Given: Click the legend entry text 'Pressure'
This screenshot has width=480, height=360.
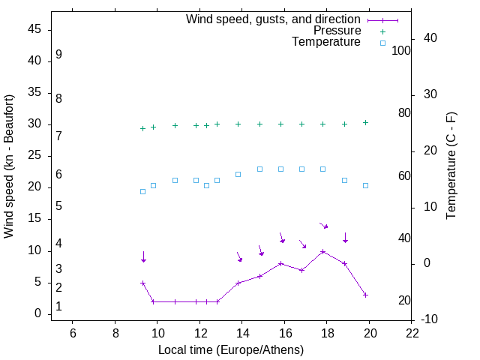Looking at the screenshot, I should coord(337,31).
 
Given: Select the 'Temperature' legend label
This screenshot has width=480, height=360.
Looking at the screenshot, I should coord(326,42).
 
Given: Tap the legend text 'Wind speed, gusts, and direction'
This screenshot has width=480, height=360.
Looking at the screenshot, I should coord(273,19).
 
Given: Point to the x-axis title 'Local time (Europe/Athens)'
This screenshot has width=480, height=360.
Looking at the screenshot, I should coord(231,349).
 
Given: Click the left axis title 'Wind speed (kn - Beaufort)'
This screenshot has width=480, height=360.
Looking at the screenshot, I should coord(9,166).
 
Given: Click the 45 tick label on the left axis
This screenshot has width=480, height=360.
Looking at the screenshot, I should coord(34,29).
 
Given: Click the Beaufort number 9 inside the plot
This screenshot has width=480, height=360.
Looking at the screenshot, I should coord(58,55).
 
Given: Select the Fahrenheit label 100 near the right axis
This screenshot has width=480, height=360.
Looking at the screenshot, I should coord(401,50).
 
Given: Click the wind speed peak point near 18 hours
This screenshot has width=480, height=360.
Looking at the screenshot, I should coord(322,251).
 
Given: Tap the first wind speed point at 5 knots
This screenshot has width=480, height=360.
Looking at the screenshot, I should coord(142,283).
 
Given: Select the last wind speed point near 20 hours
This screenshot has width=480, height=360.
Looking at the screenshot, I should coord(365,295).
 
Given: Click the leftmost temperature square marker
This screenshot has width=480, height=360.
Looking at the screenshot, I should coord(142,191).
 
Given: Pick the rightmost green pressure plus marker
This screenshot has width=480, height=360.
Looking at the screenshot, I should coord(365,122).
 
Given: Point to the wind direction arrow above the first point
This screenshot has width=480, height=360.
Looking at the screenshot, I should coord(142,256).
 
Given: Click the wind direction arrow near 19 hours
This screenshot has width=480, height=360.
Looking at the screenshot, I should coord(345,238).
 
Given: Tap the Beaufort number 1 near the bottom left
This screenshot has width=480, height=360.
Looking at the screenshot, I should coord(58,307).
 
